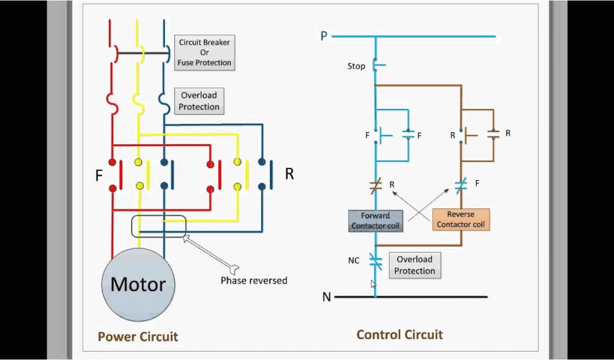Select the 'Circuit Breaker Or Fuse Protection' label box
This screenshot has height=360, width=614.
pyautogui.click(x=204, y=53)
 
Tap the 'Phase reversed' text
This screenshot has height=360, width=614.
pyautogui.click(x=254, y=280)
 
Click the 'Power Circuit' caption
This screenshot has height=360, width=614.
pyautogui.click(x=138, y=337)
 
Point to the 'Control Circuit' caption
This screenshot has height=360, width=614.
pyautogui.click(x=399, y=335)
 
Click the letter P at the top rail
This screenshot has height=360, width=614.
pyautogui.click(x=324, y=36)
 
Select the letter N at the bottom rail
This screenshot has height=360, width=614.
pyautogui.click(x=326, y=296)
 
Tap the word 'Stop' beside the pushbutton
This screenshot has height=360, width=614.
pyautogui.click(x=356, y=66)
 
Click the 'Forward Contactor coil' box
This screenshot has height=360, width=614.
pyautogui.click(x=375, y=220)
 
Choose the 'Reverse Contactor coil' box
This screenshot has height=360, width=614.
pyautogui.click(x=460, y=220)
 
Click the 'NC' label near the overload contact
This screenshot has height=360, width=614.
pyautogui.click(x=354, y=261)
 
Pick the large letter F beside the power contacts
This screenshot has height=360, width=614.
pyautogui.click(x=99, y=176)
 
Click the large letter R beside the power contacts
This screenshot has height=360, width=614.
pyautogui.click(x=290, y=174)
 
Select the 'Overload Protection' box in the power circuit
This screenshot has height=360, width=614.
pyautogui.click(x=199, y=101)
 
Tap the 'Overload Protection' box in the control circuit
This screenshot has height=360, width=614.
pyautogui.click(x=414, y=265)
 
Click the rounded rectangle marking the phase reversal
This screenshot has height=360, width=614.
pyautogui.click(x=159, y=226)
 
